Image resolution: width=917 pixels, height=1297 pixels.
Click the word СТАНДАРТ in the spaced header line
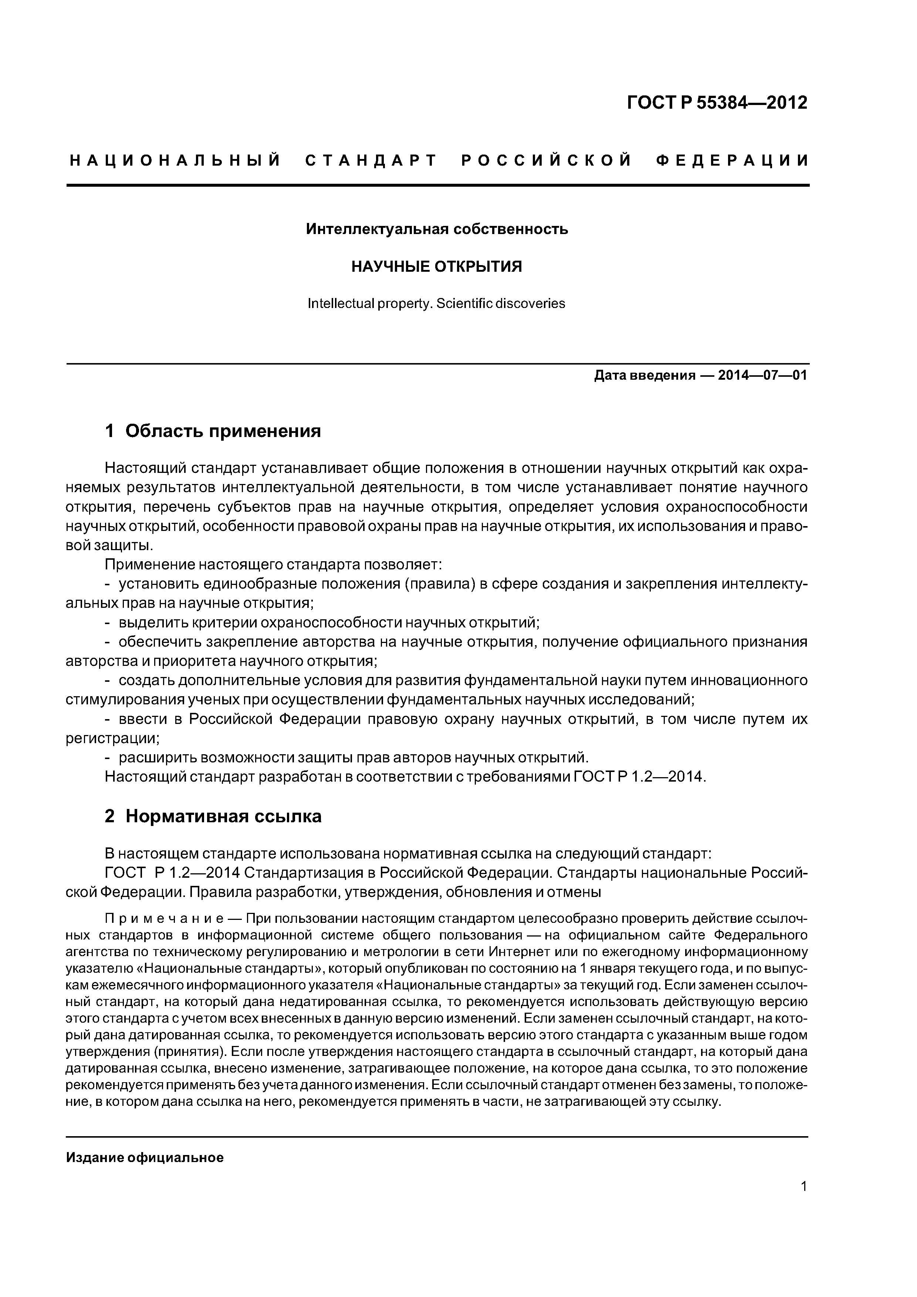pos(371,161)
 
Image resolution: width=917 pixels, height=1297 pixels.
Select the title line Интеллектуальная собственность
pos(437,229)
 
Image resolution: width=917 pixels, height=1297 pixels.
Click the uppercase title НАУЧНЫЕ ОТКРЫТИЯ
pos(437,267)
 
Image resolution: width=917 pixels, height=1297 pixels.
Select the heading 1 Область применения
pos(213,431)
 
